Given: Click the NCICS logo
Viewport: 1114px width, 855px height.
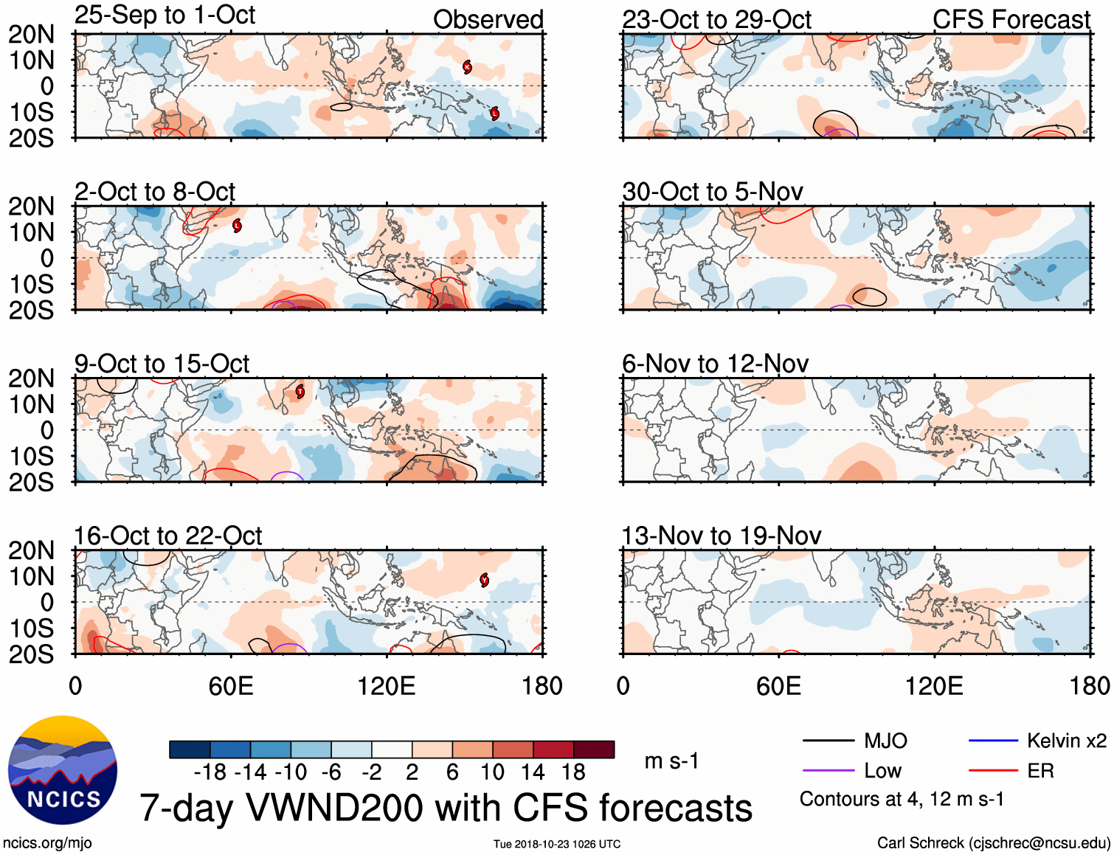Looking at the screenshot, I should click(63, 770).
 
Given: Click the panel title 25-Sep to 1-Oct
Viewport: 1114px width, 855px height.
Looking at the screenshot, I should click(165, 15).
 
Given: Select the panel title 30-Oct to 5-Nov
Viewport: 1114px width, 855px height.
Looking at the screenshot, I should click(712, 193).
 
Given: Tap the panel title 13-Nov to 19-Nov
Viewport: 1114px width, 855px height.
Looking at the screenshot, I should click(721, 536).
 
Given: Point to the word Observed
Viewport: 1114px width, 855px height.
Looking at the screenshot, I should click(488, 20).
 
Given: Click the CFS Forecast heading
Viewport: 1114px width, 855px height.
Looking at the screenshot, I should click(1011, 20).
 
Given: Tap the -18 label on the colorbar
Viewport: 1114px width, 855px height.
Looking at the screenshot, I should click(210, 772).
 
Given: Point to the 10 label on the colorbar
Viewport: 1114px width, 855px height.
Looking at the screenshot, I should click(492, 772).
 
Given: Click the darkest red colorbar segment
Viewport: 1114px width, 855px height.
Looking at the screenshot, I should click(594, 750).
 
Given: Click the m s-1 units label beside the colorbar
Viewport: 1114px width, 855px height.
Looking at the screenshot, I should click(671, 761).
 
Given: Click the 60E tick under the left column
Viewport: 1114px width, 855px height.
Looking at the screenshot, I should click(231, 686).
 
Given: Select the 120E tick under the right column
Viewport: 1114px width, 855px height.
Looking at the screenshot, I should click(934, 686).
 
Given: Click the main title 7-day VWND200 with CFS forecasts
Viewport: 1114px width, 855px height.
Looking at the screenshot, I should click(446, 808).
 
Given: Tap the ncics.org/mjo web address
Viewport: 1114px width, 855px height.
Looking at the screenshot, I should click(47, 842).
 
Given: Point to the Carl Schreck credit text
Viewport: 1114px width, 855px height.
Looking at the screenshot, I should click(993, 842).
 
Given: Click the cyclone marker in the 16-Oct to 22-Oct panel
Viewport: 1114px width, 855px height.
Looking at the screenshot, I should click(484, 580).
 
